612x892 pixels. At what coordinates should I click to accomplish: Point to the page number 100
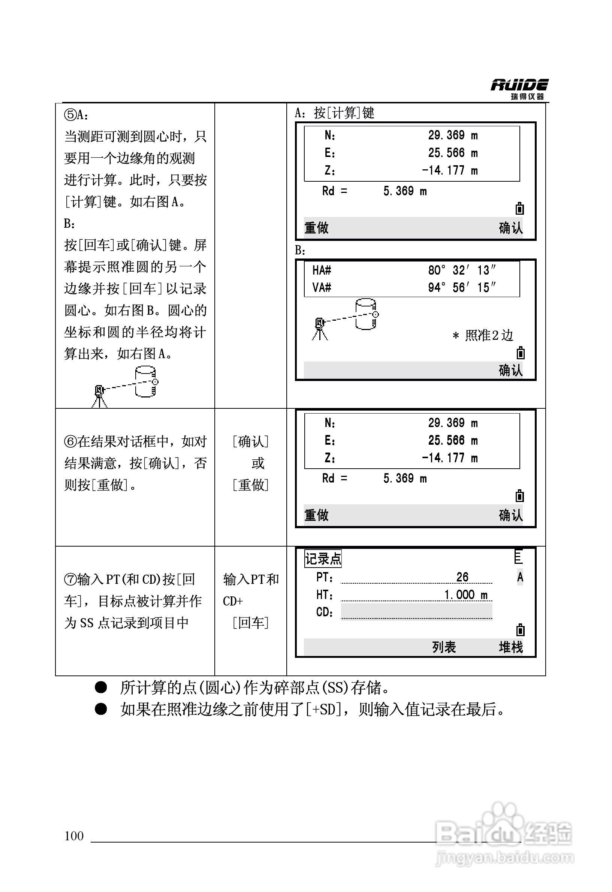pos(74,835)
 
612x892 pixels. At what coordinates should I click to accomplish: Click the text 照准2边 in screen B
pos(488,335)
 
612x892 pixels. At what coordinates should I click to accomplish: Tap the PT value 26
pos(462,577)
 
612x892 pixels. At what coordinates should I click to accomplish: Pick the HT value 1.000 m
pos(466,595)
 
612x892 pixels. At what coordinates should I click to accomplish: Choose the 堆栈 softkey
pos(510,647)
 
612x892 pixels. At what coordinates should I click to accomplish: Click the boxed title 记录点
pos(323,559)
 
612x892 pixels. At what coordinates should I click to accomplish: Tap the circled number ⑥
pos(71,442)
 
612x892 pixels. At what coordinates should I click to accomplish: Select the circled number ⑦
pos(71,579)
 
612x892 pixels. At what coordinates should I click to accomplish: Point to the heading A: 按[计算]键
pos(334,113)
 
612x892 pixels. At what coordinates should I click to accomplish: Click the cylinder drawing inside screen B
pos(365,314)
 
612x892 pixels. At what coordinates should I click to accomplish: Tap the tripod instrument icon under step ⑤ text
pos(100,396)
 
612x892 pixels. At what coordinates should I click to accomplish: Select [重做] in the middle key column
pos(250,485)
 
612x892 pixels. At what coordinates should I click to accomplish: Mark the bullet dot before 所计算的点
pos(100,687)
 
